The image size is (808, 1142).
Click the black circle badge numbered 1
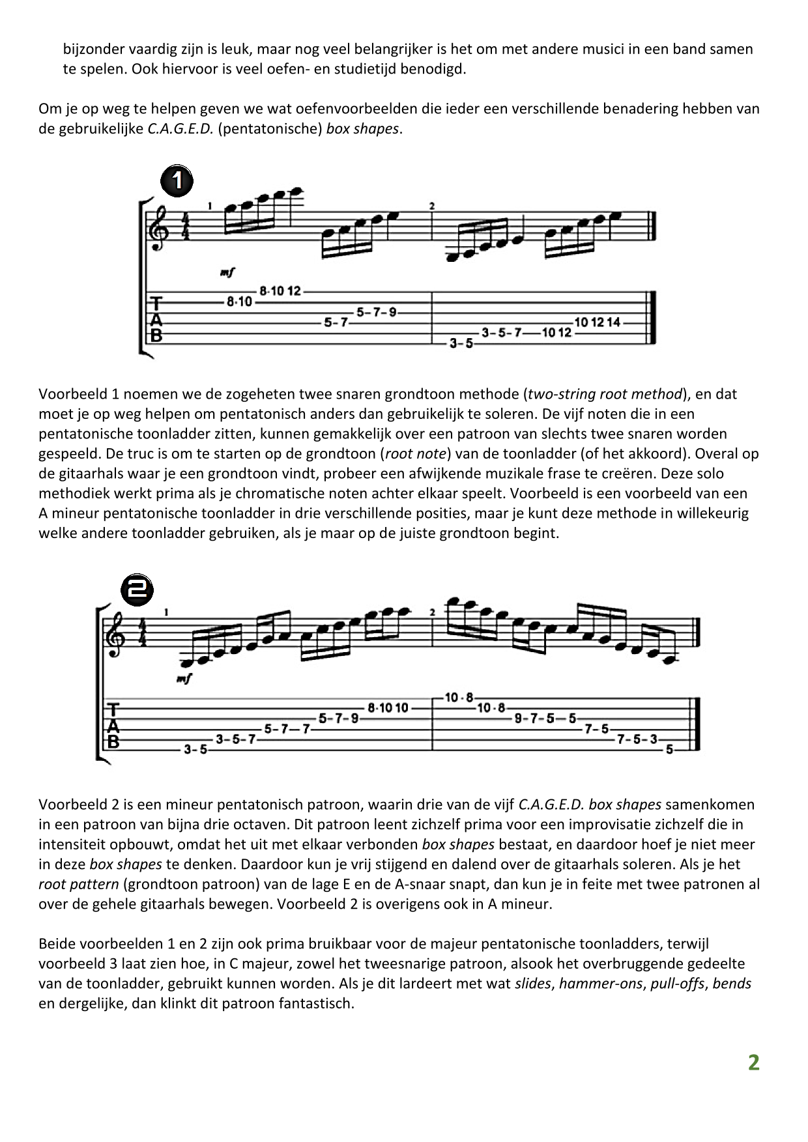177,181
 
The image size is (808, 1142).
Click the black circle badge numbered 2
137,590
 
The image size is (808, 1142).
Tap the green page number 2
753,1063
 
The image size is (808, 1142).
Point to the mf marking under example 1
227,272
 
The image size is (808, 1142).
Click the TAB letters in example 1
156,320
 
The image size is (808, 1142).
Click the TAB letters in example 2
113,724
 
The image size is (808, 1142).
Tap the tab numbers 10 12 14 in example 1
597,322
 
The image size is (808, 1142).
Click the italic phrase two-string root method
605,394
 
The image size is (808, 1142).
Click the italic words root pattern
79,885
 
